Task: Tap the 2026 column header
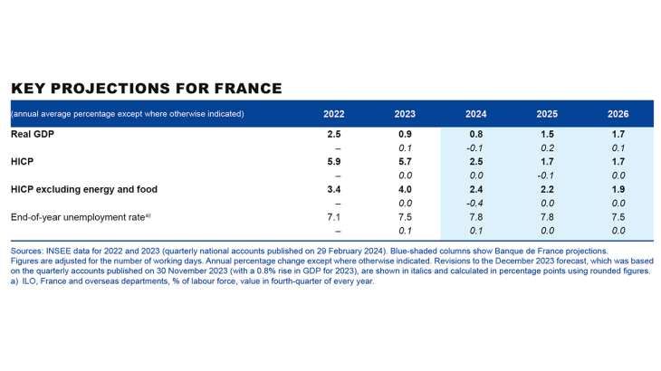pos(618,114)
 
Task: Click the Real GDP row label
pos(34,134)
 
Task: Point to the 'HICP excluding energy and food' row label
pos(84,189)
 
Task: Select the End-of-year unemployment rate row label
pos(78,217)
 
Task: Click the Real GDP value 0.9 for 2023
pos(406,134)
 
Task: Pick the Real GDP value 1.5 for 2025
pos(546,134)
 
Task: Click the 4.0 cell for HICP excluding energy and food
pos(406,189)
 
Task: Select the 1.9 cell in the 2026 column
pos(618,189)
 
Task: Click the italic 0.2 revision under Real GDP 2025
pos(546,147)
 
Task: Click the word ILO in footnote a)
pos(31,281)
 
